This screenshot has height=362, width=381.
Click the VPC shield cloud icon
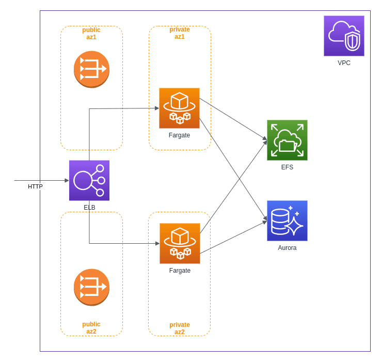click(344, 36)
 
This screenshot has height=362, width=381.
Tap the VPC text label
click(344, 63)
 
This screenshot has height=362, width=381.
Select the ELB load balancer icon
click(89, 180)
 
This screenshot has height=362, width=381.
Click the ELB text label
click(89, 208)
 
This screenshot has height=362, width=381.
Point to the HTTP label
click(35, 186)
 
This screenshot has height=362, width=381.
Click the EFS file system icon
click(287, 140)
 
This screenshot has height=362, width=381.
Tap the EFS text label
click(287, 167)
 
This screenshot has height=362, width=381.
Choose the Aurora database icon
click(287, 221)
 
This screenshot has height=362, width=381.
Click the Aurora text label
click(287, 248)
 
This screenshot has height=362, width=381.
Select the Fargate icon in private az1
click(179, 108)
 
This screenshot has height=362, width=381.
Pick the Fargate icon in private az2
click(180, 243)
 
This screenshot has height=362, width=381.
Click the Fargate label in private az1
click(179, 135)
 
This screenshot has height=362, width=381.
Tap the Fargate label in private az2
click(180, 271)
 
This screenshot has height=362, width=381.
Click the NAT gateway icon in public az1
click(91, 69)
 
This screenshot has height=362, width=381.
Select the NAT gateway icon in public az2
click(91, 287)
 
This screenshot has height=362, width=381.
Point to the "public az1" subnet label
click(91, 34)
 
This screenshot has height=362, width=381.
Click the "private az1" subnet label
click(180, 33)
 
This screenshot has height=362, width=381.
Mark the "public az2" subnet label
click(91, 328)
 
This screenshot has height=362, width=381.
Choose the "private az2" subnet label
click(180, 328)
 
